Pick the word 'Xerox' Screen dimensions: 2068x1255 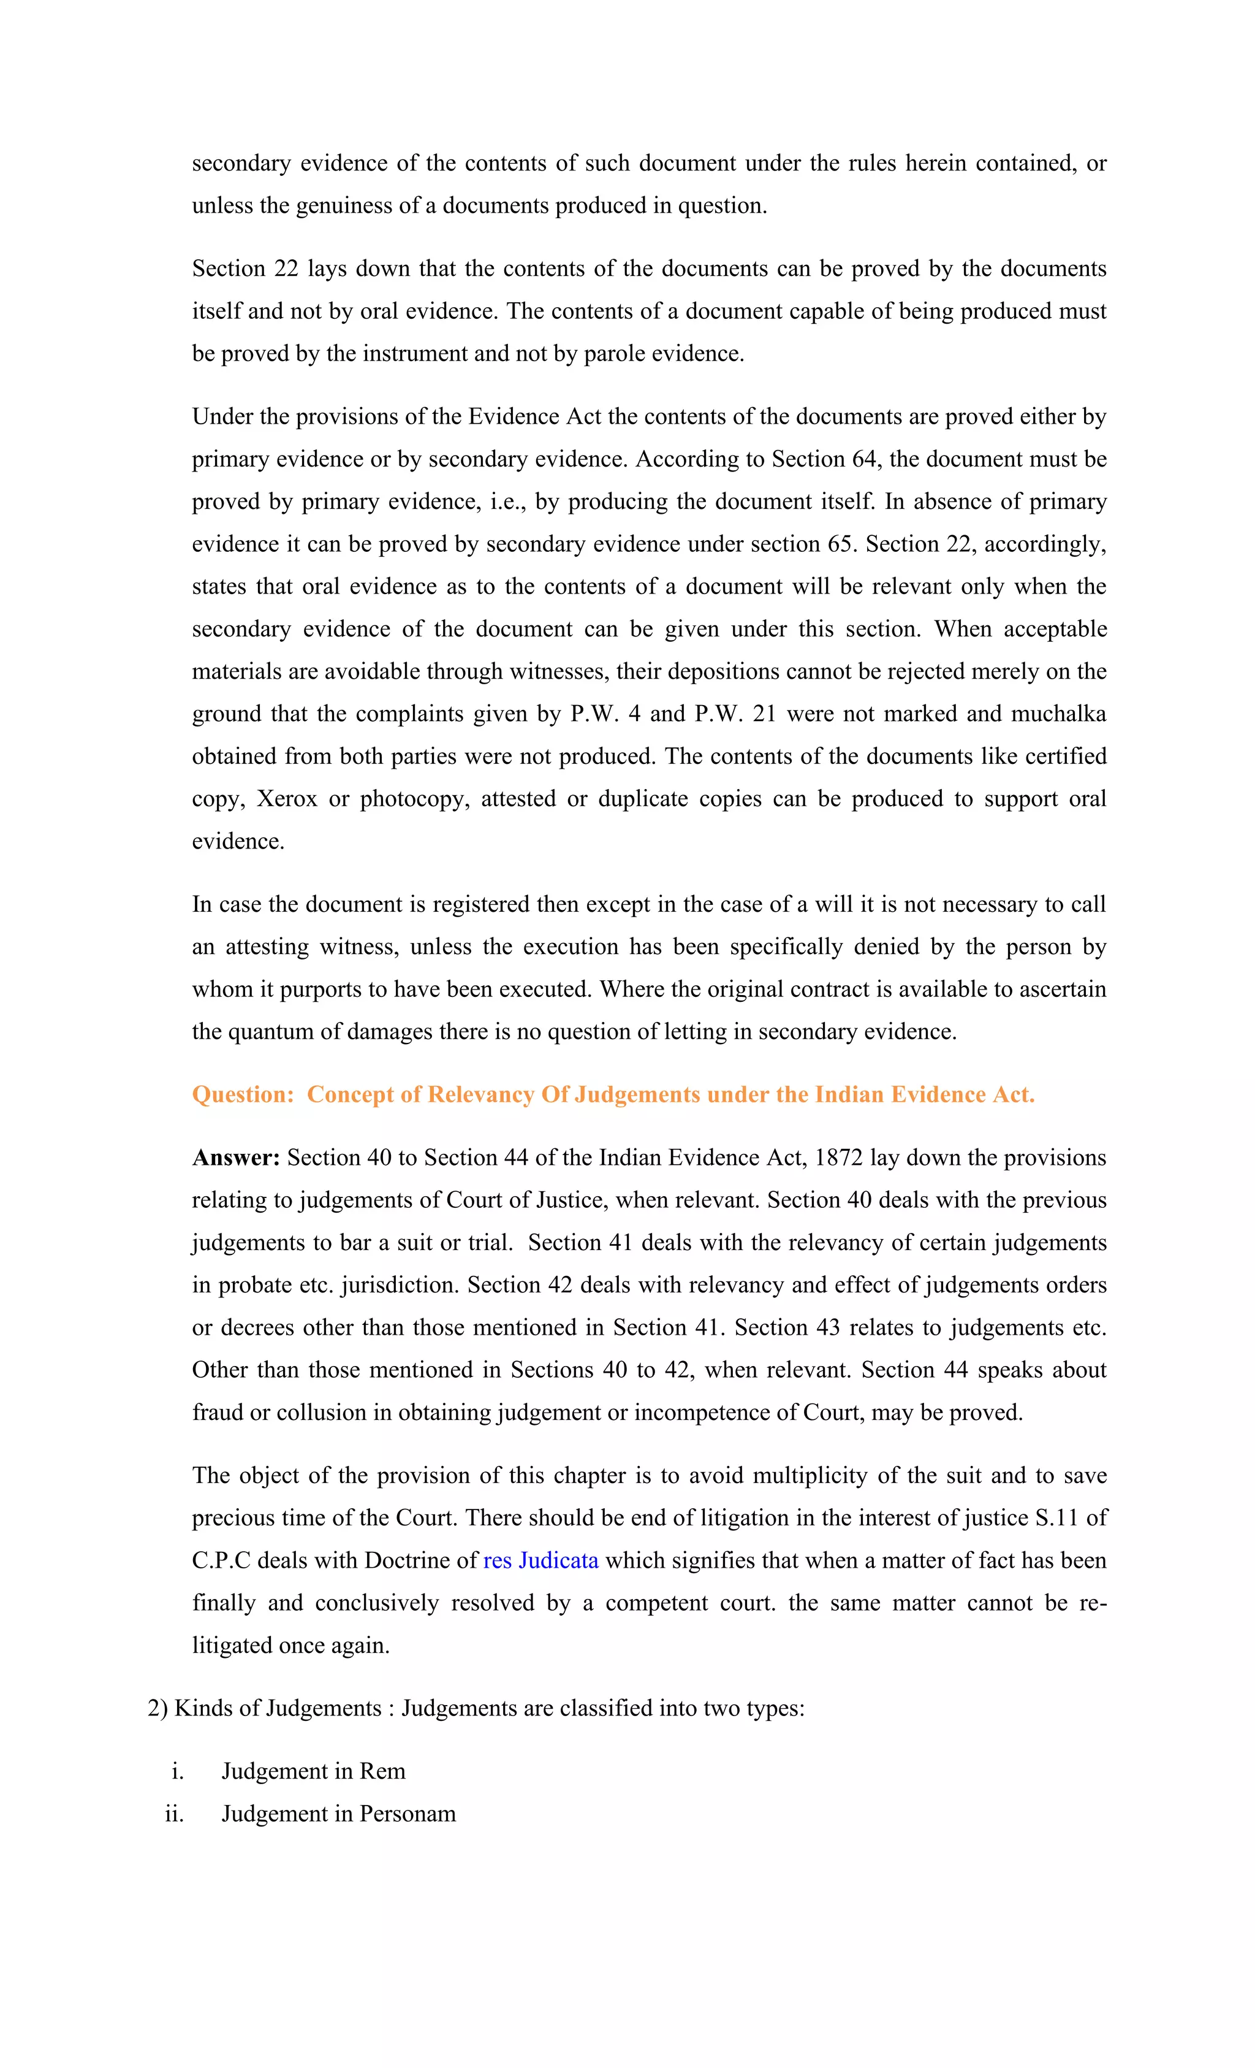coord(287,798)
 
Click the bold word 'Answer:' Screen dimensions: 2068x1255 coord(236,1158)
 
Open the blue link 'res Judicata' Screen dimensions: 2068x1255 coord(540,1560)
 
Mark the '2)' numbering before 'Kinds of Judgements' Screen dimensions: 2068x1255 coord(157,1708)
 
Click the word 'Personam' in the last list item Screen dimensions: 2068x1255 coord(408,1814)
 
